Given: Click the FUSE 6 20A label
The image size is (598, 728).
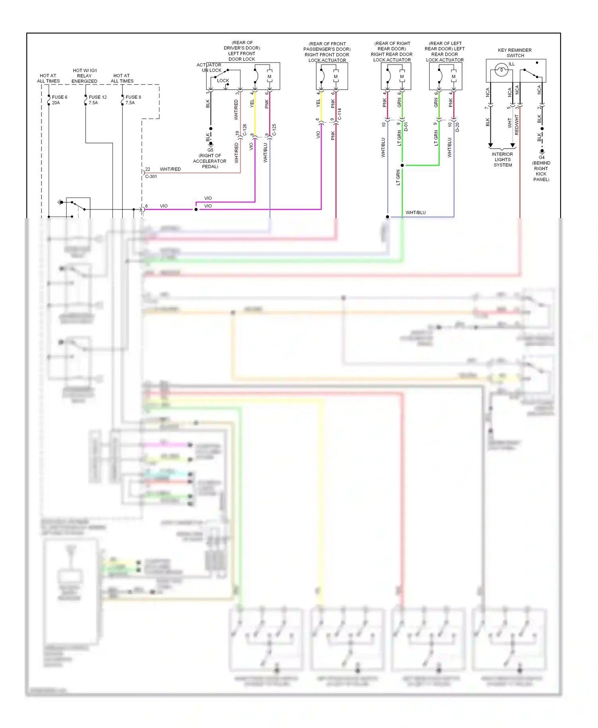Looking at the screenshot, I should coord(59,100).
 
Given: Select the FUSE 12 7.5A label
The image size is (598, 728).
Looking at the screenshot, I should coord(97,100).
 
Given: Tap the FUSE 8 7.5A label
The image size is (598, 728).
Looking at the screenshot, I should coord(133,100).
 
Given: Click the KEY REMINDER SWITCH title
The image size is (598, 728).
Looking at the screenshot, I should coord(515,53).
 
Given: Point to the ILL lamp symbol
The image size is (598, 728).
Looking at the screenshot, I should coord(501,71).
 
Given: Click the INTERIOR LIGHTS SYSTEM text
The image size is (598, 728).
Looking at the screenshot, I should coord(502,160).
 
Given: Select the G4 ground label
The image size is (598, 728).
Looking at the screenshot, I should coord(541,157).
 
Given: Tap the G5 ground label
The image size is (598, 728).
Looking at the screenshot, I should coord(210,150).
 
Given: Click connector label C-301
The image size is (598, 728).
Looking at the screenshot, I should coord(151,176).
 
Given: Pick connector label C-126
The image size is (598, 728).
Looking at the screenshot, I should coord(244,130).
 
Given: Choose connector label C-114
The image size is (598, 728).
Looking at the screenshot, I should coord(340,114).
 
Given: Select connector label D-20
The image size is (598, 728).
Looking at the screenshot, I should coord(457,127).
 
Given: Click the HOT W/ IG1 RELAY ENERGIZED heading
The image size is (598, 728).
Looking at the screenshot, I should coord(85,76).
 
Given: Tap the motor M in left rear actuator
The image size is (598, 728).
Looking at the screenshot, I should coord(453,77).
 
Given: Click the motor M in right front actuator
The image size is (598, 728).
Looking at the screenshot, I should coord(336,77).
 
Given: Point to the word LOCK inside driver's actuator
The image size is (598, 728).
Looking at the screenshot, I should coord(223,80).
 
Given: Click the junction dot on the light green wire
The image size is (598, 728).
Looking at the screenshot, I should coord(402,165).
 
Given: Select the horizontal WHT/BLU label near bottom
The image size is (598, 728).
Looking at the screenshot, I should coord(415,213).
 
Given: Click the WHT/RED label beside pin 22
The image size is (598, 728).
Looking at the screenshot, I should coord(170,169).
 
